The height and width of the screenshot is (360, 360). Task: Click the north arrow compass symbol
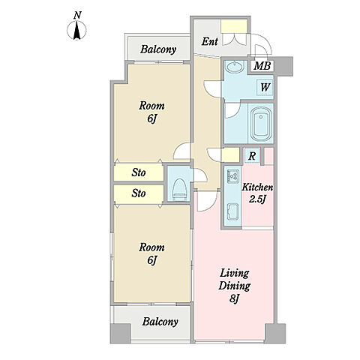(76, 30)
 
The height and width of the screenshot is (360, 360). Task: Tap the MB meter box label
(262, 66)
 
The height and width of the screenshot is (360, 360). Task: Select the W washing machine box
(265, 88)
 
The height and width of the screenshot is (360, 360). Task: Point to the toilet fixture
(179, 190)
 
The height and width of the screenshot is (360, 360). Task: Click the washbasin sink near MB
(235, 67)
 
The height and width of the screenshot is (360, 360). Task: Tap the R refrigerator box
(252, 156)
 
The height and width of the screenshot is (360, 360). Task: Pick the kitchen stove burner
(233, 176)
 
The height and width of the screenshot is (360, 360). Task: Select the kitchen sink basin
(233, 212)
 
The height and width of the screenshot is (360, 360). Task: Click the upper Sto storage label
(139, 172)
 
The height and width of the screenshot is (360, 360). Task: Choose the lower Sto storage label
(139, 193)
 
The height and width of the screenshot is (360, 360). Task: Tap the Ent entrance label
(210, 41)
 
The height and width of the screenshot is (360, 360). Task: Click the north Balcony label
(158, 49)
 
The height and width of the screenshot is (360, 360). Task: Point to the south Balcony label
(160, 322)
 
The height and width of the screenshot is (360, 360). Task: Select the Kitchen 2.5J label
(257, 193)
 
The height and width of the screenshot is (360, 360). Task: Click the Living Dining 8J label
(234, 286)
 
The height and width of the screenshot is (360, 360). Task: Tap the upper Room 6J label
(151, 112)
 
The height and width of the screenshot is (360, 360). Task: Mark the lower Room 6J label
(151, 253)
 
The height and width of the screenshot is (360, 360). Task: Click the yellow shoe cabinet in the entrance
(234, 26)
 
